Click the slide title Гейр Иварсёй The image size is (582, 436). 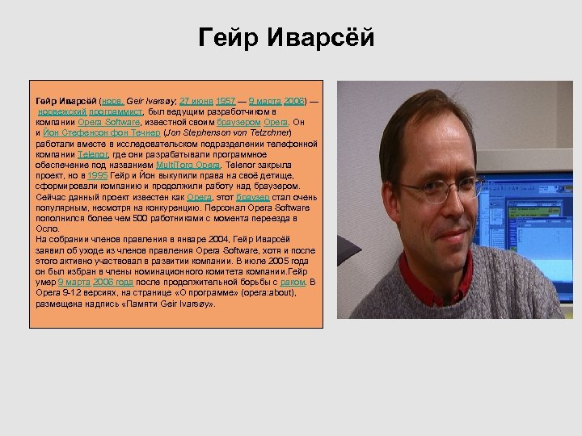[x=287, y=39]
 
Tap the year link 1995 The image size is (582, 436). [x=97, y=175]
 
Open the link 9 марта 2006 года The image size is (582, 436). [x=99, y=283]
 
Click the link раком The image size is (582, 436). [x=293, y=283]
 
